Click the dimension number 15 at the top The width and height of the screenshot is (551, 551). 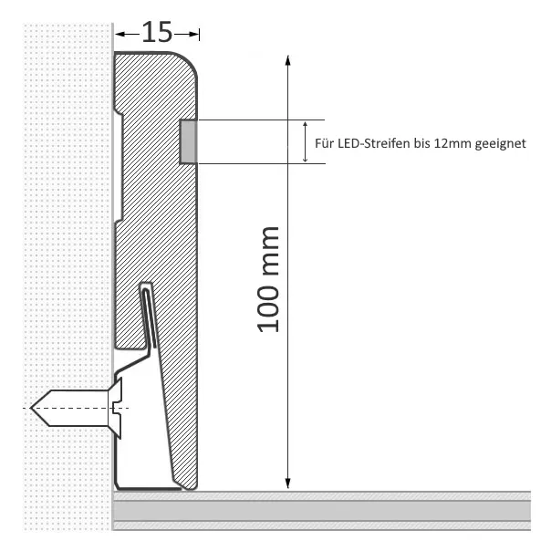(x=157, y=32)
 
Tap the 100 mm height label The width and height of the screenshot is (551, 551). (x=269, y=280)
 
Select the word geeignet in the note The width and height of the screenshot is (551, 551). (x=501, y=144)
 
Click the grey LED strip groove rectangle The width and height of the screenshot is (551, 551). (x=188, y=141)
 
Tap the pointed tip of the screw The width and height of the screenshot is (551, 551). (x=32, y=408)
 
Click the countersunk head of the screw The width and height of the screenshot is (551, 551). (x=116, y=408)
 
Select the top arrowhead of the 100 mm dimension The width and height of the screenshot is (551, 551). (x=287, y=60)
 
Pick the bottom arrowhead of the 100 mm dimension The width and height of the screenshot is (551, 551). (x=287, y=483)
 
